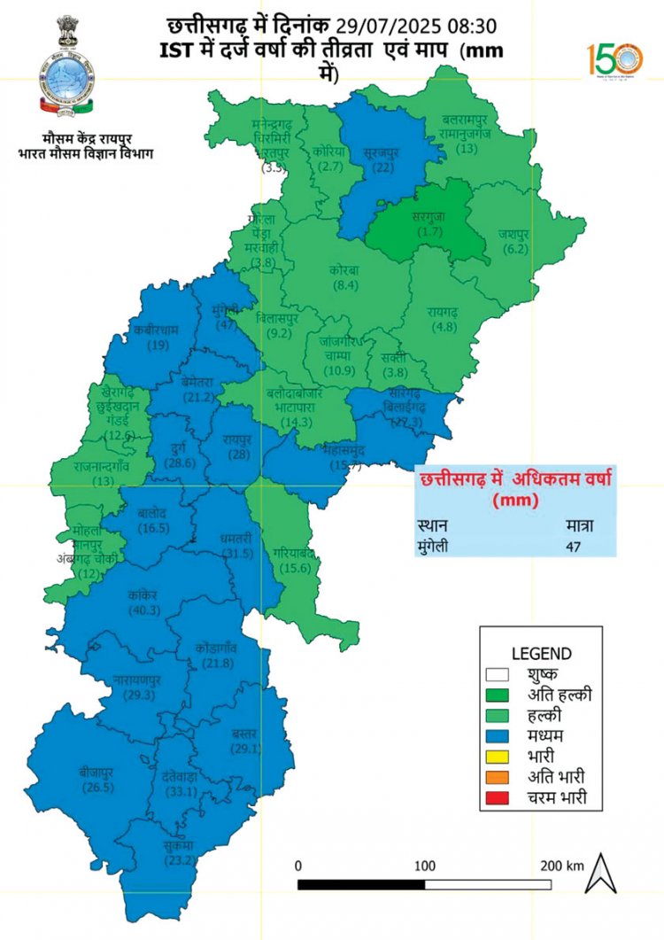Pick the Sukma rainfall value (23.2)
point(176,858)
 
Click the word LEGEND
point(540,653)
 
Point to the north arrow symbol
point(601,873)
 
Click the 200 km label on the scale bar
point(562,865)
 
